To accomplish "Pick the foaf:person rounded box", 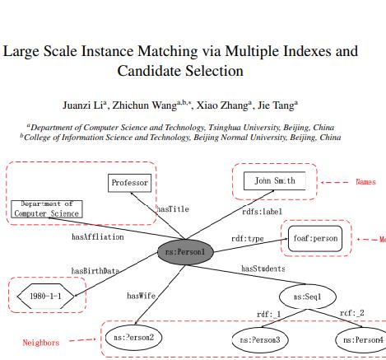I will [315, 238].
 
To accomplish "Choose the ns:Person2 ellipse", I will [134, 337].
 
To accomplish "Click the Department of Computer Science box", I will [46, 208].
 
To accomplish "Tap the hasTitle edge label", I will [173, 209].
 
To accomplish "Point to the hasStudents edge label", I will [263, 269].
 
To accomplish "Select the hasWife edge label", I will [140, 295].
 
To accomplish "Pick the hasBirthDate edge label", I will [95, 270].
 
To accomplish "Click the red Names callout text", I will [365, 181].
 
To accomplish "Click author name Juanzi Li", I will [85, 105].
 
